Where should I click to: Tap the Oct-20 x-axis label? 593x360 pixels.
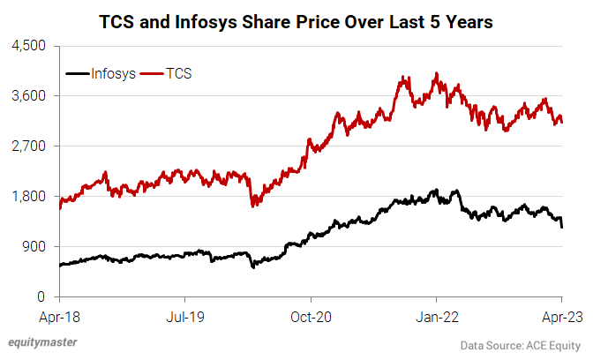click(x=311, y=312)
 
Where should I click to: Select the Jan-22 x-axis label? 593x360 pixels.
click(x=437, y=312)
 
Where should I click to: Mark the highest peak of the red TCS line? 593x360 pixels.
click(x=437, y=73)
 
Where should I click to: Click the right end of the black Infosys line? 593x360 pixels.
click(x=562, y=227)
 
